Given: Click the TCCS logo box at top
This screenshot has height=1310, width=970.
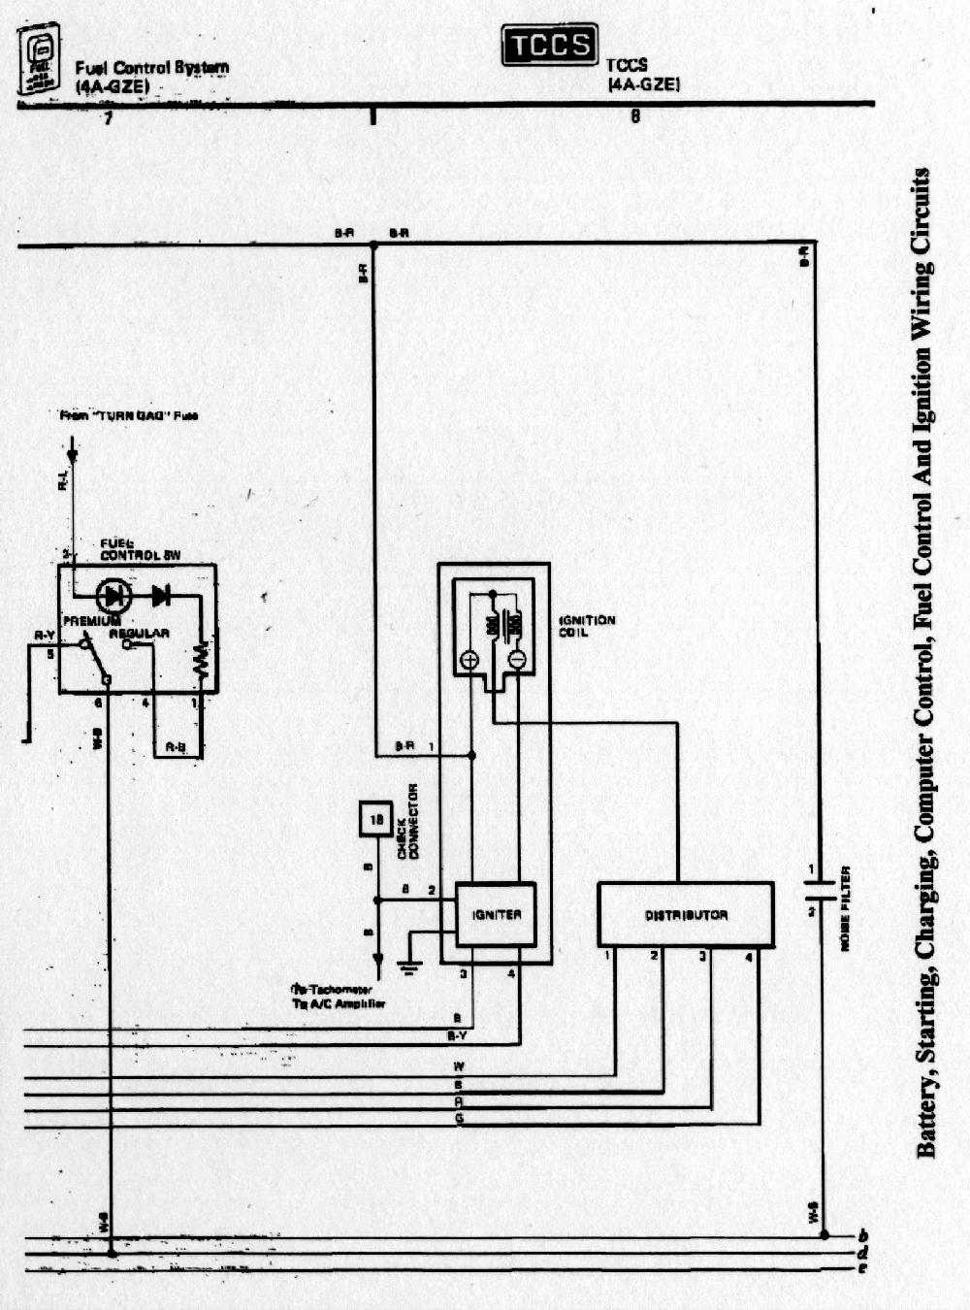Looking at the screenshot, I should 549,45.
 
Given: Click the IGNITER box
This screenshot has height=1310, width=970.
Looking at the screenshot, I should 496,914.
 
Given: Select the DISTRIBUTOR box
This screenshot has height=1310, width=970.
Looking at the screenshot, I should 685,914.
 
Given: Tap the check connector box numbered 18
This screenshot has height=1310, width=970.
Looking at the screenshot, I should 376,819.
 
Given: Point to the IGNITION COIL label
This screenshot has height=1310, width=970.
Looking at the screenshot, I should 587,626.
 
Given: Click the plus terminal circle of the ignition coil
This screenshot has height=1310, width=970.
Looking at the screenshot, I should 469,661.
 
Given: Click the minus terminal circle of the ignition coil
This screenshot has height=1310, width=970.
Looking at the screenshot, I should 517,661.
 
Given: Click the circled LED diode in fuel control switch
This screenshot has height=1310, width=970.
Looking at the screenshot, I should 113,595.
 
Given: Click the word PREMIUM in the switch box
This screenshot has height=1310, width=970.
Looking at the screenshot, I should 92,620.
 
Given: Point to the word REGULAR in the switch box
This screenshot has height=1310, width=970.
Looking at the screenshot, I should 139,634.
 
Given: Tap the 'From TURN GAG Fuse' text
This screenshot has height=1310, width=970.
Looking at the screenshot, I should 129,415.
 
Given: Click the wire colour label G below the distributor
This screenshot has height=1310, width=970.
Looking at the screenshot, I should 459,1119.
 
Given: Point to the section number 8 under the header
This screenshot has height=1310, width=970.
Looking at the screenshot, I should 635,117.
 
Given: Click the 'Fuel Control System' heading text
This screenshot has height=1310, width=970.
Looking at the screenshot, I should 152,68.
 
